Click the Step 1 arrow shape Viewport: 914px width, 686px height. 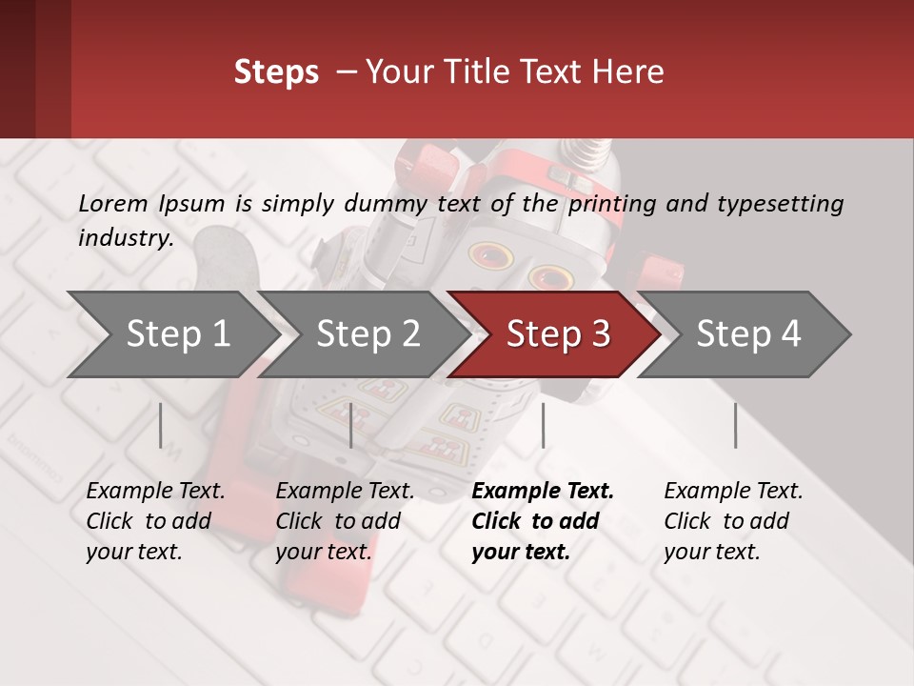177,334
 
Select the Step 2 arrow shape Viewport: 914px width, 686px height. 368,334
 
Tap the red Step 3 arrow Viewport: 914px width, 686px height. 558,334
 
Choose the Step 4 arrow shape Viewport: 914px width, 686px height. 748,334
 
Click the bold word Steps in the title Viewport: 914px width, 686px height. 276,72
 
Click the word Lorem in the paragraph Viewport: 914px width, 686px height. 113,203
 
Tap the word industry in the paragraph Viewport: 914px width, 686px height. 125,237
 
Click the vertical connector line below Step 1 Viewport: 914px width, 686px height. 161,425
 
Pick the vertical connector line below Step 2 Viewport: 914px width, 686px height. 351,425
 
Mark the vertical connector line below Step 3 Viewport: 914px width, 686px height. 543,425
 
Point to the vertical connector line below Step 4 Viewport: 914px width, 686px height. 735,425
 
